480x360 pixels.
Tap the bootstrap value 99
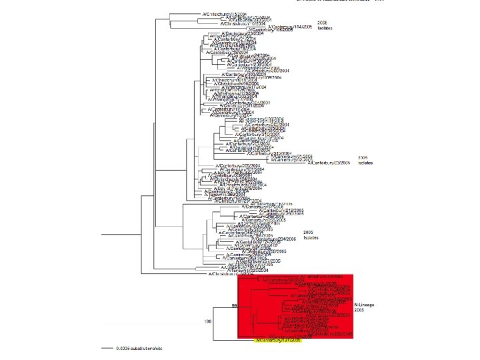[x=234, y=305]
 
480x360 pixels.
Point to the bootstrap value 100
[x=208, y=321]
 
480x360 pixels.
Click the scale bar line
[x=107, y=348]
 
